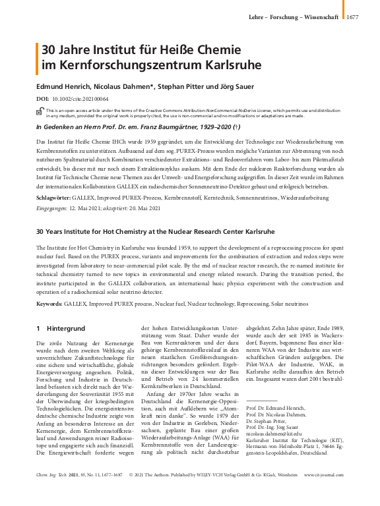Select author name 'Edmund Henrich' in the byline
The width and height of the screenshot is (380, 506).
63,86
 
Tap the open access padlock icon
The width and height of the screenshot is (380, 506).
40,112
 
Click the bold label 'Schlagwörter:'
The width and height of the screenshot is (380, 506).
55,197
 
